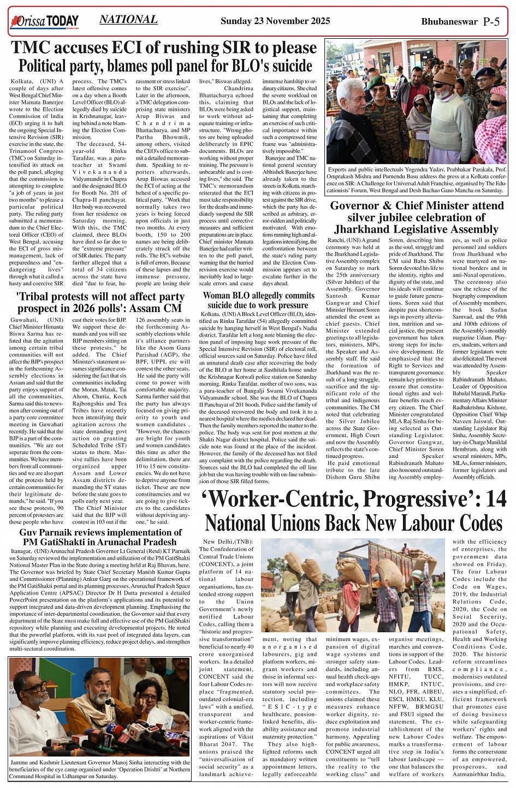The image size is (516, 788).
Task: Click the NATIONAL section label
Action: pyautogui.click(x=128, y=20)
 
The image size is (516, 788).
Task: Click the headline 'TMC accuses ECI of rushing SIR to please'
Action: pyautogui.click(x=164, y=48)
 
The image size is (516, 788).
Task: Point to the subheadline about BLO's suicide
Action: pyautogui.click(x=165, y=66)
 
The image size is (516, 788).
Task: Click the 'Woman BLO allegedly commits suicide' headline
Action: pyautogui.click(x=259, y=301)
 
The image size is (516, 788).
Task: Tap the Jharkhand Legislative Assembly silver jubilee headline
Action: pyautogui.click(x=417, y=217)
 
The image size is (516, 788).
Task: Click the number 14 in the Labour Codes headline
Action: pyautogui.click(x=496, y=499)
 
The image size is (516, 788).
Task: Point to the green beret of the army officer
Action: pyautogui.click(x=377, y=82)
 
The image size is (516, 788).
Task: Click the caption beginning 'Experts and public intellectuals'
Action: pyautogui.click(x=417, y=180)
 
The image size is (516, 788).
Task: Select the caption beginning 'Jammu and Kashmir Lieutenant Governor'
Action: pyautogui.click(x=99, y=769)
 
